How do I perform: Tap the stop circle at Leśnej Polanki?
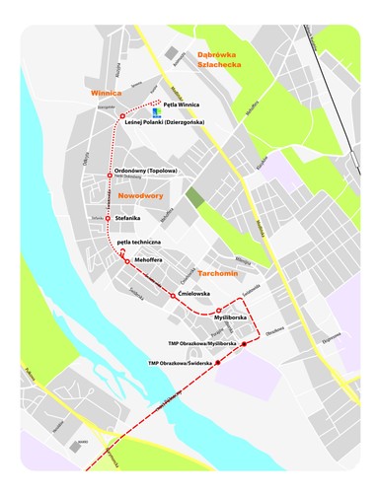[122, 117]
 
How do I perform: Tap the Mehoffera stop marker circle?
[126, 260]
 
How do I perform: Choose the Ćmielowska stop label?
[189, 294]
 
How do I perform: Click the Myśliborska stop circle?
[218, 310]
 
